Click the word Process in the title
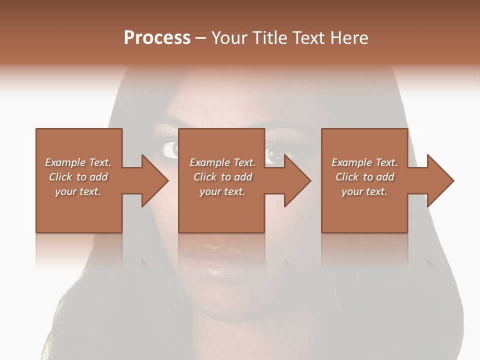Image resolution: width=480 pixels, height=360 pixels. pyautogui.click(x=157, y=38)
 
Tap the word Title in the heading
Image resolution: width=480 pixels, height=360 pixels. pyautogui.click(x=269, y=38)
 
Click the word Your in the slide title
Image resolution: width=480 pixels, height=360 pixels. pyautogui.click(x=229, y=38)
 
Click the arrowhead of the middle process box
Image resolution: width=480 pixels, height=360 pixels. pyautogui.click(x=297, y=180)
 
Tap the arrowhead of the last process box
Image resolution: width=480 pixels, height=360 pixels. pyautogui.click(x=440, y=180)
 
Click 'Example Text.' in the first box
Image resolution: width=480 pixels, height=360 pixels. pyautogui.click(x=78, y=162)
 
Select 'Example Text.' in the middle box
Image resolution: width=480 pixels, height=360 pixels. pyautogui.click(x=222, y=162)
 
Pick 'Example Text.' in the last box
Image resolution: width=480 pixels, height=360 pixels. pyautogui.click(x=364, y=162)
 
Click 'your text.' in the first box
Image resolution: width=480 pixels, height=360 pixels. pyautogui.click(x=78, y=191)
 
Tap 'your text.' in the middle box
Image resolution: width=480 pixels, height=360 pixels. pyautogui.click(x=222, y=191)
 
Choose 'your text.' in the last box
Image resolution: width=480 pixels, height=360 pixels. pyautogui.click(x=364, y=191)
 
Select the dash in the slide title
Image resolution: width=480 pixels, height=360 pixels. pyautogui.click(x=201, y=38)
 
